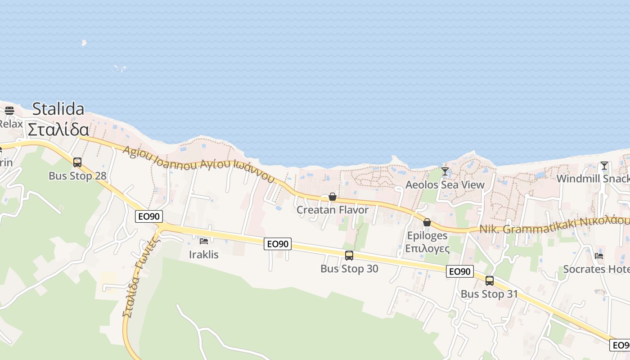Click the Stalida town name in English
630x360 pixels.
click(x=58, y=109)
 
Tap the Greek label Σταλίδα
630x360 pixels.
click(x=58, y=130)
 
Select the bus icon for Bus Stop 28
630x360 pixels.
click(x=77, y=162)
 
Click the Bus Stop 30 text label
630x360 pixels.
click(x=349, y=269)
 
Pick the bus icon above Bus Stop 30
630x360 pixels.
click(x=349, y=256)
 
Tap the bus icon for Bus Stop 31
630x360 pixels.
click(x=490, y=281)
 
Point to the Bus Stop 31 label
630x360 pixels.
click(x=489, y=294)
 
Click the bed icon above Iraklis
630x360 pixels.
click(x=204, y=241)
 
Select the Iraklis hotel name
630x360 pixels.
click(x=204, y=255)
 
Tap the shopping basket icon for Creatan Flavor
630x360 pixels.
click(x=333, y=197)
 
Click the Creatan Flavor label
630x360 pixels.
click(x=333, y=210)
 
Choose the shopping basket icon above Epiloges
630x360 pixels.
click(x=427, y=222)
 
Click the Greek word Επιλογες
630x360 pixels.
click(x=427, y=248)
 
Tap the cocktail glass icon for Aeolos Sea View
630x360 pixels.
click(x=445, y=171)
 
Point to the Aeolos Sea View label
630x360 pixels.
click(x=445, y=184)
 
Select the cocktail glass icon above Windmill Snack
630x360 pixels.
click(x=604, y=166)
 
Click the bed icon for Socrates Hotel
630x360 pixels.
click(x=599, y=256)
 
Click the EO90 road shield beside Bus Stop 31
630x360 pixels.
click(x=460, y=271)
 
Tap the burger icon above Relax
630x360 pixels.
click(x=9, y=110)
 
